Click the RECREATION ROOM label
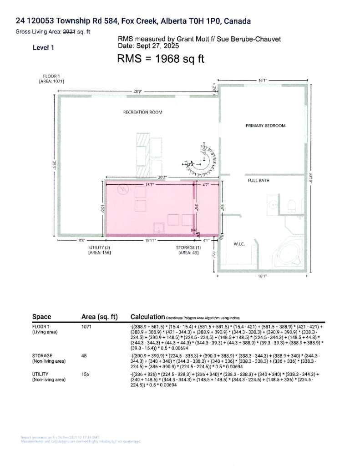coord(142,112)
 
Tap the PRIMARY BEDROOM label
coord(265,126)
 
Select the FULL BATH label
coord(258,181)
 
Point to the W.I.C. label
coord(239,244)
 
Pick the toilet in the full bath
coord(293,206)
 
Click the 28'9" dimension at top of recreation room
coord(138,91)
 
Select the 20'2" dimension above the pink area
coord(162,177)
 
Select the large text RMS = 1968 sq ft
coord(161,59)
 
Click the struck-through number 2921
coord(69,31)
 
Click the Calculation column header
coord(147,317)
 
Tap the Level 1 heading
coord(43,47)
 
